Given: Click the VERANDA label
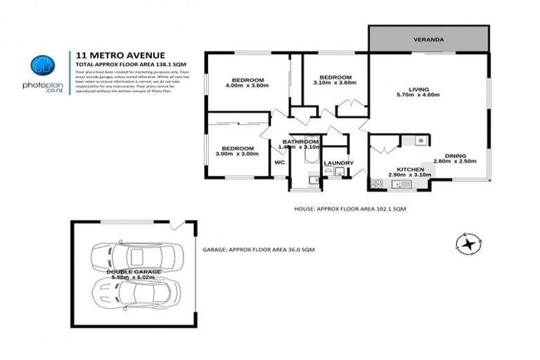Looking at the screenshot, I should click(427, 40).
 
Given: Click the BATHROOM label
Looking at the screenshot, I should click(301, 142).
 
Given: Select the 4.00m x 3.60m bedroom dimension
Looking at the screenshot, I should click(247, 85).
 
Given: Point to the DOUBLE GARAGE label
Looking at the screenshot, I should click(134, 271).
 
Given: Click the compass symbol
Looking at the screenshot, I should click(466, 244).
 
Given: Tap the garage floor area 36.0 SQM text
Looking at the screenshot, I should click(259, 249).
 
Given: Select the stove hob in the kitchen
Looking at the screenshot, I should click(377, 184).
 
